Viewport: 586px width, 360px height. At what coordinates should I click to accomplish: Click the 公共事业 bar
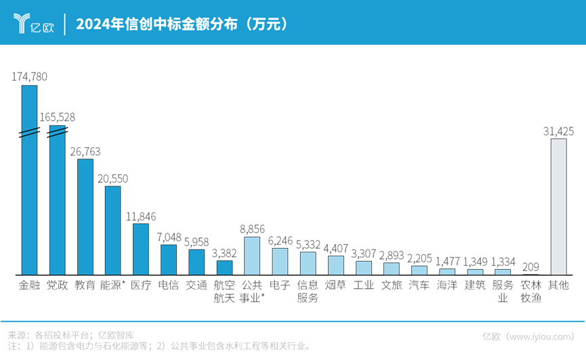point(252,255)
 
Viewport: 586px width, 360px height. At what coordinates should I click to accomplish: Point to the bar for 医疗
point(141,248)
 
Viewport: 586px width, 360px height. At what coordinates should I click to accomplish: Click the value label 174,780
point(30,77)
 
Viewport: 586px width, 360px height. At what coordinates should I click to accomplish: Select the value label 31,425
point(558,131)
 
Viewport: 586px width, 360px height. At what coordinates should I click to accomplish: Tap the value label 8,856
point(252,229)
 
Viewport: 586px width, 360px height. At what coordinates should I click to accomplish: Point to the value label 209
point(530,266)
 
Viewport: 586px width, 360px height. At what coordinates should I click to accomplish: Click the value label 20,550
point(113,178)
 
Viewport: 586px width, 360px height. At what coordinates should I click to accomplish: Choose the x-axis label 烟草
point(336,285)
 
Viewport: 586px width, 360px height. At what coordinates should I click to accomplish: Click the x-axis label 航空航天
point(224,292)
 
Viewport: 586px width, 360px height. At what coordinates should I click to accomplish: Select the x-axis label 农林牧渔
point(530,292)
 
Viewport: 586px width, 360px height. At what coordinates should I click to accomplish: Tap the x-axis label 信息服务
point(308,292)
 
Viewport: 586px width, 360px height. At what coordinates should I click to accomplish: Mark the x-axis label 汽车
point(419,285)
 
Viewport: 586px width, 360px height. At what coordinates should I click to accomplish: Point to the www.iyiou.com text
point(539,336)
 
